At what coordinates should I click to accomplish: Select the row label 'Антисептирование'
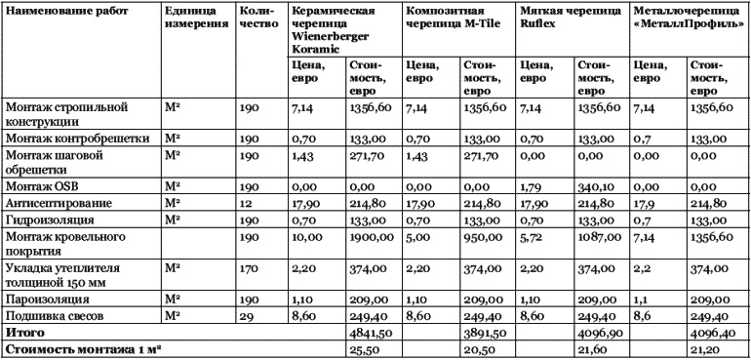point(59,202)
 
